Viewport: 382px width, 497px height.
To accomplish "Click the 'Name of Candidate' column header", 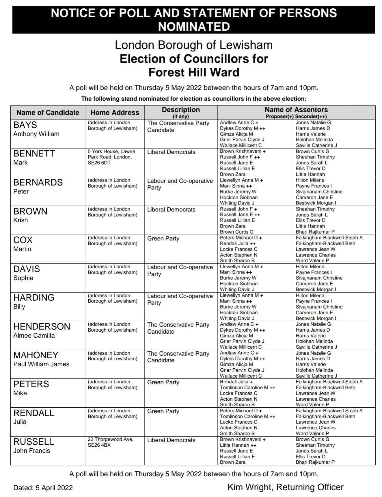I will pos(48,112).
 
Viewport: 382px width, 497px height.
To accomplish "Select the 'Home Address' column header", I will pos(115,112).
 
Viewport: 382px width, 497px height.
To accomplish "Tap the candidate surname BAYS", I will pos(25,125).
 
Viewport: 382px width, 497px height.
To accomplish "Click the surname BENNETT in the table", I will pos(34,154).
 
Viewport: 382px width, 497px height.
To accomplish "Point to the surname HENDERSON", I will pos(42,326).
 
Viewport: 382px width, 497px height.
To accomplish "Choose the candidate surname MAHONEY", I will pos(36,355).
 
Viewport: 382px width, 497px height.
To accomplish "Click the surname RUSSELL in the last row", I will pos(33,441).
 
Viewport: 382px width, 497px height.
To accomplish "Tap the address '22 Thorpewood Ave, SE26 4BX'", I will pos(111,442).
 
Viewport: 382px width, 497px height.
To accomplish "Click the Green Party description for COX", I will pos(163,239).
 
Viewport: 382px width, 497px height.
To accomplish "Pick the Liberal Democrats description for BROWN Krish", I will pos(171,210).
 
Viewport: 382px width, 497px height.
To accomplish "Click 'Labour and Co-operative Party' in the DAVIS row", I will pos(180,271).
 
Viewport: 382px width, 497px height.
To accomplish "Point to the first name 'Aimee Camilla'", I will pos(34,336).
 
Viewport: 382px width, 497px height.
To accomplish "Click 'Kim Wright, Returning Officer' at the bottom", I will pos(285,487).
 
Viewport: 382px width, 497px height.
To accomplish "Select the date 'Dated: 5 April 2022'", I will pos(43,488).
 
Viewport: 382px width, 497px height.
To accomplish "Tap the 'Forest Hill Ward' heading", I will pos(194,72).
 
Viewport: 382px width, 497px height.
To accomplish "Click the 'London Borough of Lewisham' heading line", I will pos(194,45).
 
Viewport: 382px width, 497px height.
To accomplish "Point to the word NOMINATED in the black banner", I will pos(194,27).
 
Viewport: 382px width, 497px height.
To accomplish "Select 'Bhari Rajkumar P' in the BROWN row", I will pos(315,232).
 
